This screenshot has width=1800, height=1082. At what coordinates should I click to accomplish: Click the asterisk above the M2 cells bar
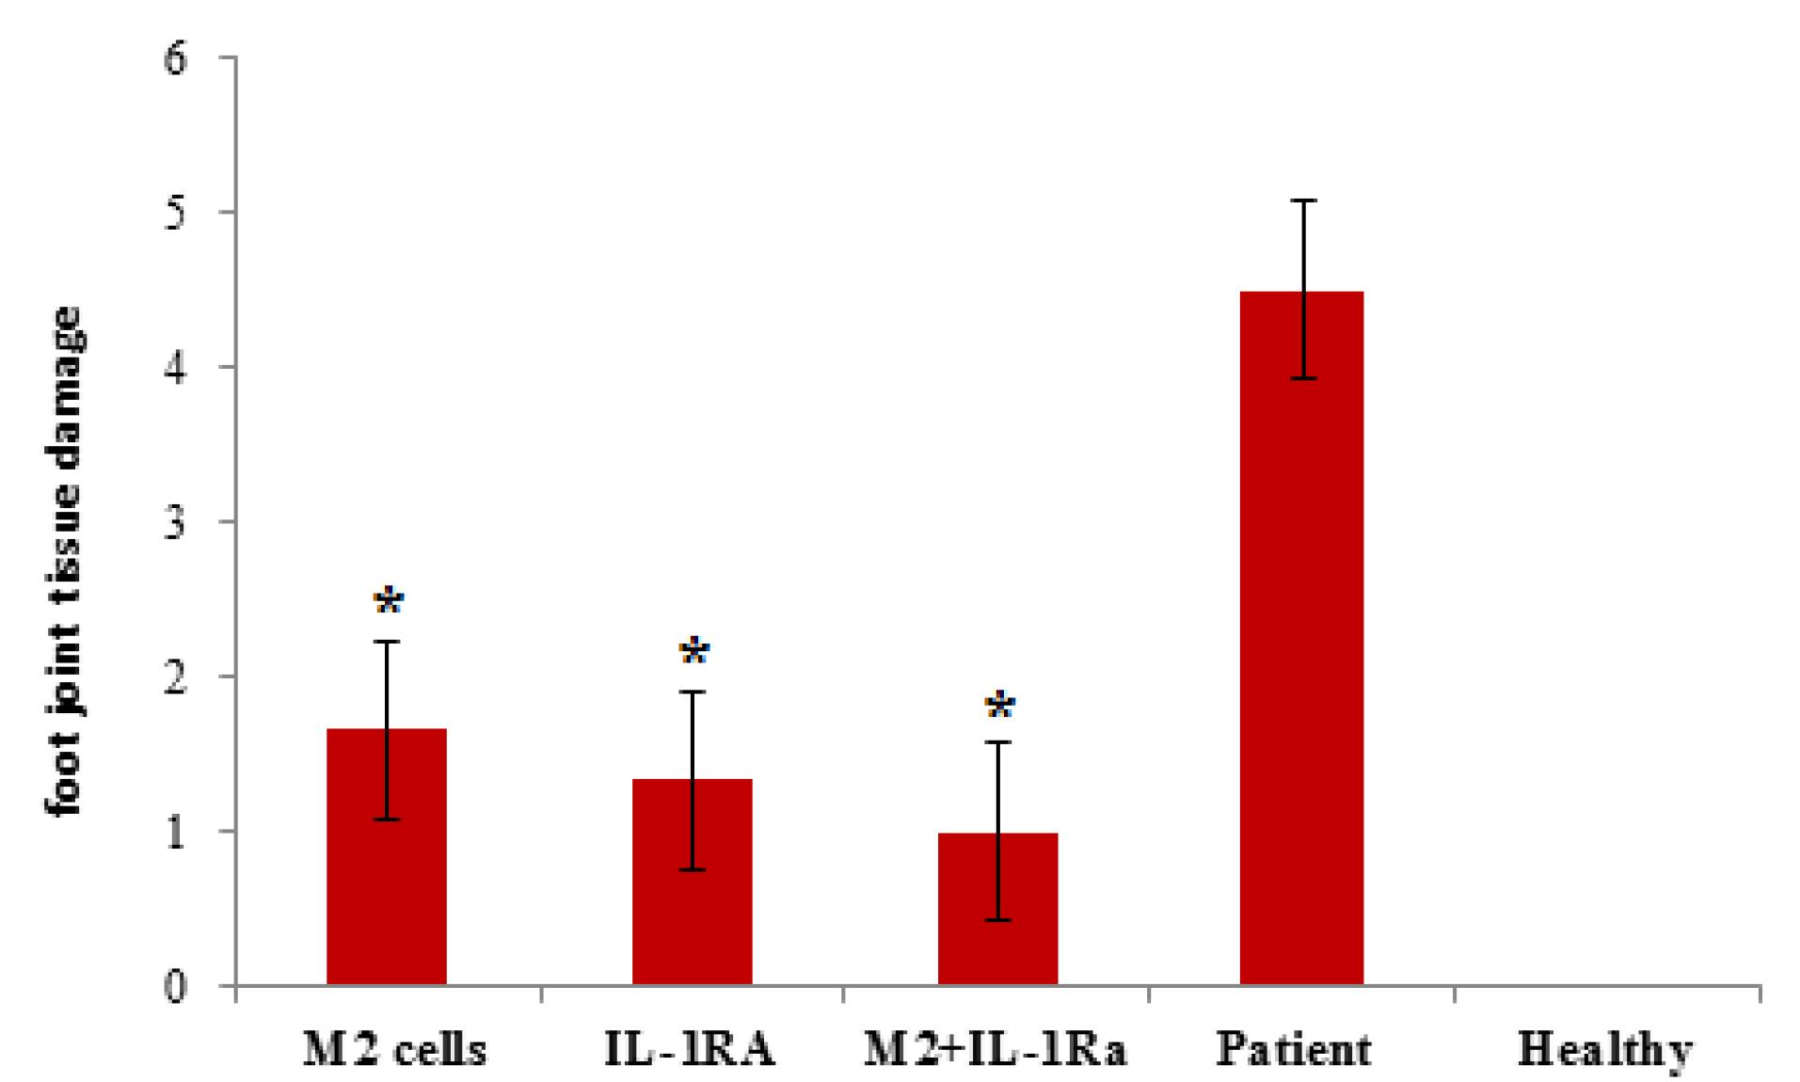point(389,600)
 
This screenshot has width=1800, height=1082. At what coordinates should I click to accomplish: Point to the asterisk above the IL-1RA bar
point(693,651)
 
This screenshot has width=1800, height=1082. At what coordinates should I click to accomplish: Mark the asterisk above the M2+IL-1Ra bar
point(999,705)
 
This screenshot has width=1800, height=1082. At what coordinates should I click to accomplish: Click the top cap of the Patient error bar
point(1303,200)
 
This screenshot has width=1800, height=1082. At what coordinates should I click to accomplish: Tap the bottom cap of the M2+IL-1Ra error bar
point(997,919)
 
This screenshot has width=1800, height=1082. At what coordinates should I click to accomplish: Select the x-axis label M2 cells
point(394,1049)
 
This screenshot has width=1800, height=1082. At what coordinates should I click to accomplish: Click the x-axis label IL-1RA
point(690,1049)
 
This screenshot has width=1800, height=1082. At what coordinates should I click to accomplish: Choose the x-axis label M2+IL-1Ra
point(995,1049)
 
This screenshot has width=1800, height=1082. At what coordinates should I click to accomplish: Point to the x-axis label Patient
point(1294,1049)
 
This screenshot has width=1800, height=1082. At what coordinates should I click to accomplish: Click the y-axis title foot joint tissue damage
point(65,561)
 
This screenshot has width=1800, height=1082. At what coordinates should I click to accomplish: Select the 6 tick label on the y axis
point(176,58)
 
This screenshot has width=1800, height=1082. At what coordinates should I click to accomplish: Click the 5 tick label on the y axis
point(176,213)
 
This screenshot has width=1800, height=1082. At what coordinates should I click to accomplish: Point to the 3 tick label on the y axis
point(176,522)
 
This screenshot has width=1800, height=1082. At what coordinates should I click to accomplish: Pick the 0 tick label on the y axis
point(176,987)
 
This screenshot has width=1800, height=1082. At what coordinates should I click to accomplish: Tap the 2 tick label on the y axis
point(176,676)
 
